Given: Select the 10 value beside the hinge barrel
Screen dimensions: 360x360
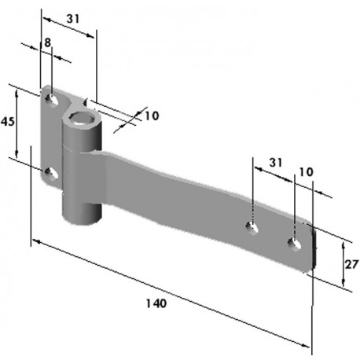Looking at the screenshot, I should tap(151, 116).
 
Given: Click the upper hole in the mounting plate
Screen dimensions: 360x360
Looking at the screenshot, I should tap(52, 100).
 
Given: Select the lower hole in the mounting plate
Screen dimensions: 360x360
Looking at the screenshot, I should tap(51, 173).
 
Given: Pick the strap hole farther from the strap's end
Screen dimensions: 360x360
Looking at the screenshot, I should tap(252, 228).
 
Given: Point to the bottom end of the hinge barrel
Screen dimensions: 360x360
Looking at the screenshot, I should tap(79, 218).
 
